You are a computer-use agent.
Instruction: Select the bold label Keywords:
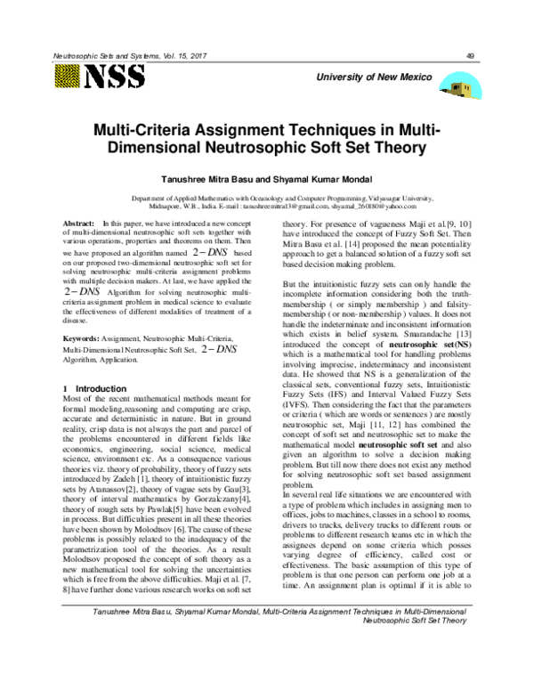point(85,339)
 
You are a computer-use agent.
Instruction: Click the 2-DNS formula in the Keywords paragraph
point(218,350)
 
